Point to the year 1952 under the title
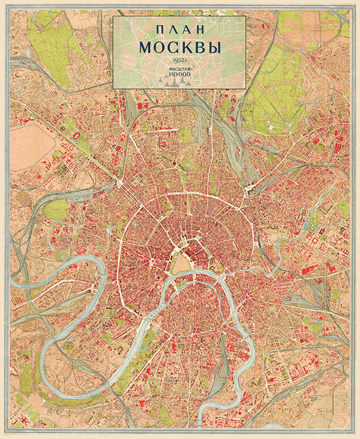[178, 60]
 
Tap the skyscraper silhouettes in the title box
[178, 83]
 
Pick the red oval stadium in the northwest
[77, 135]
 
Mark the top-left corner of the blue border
[9, 9]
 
